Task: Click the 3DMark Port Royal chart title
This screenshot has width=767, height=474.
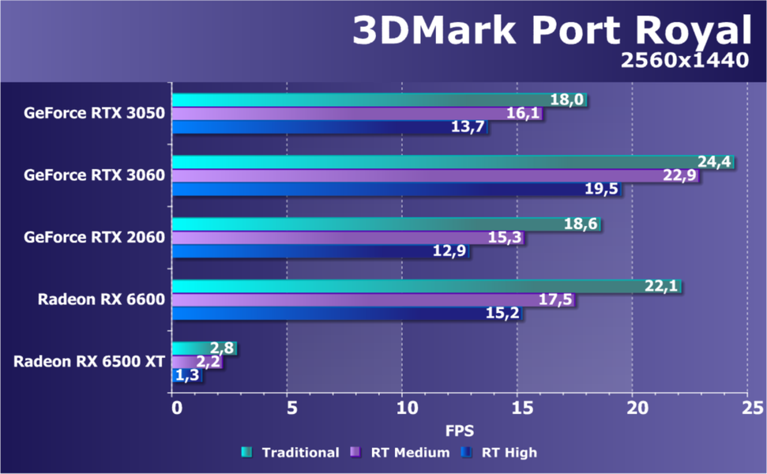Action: [550, 31]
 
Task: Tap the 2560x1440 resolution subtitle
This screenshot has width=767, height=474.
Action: [684, 61]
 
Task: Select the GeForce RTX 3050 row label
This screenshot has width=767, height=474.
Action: [94, 113]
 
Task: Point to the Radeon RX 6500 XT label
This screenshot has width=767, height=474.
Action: [88, 361]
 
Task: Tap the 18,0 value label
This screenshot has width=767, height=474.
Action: [568, 100]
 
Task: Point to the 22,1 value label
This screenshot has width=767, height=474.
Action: [662, 287]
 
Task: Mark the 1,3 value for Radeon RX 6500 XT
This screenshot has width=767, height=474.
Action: [187, 376]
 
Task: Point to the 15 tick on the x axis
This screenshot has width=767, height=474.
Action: [518, 408]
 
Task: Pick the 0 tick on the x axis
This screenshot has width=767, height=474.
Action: [175, 408]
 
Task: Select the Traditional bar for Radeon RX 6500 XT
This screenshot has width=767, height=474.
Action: [194, 348]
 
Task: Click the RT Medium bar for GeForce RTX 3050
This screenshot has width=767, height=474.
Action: [340, 114]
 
